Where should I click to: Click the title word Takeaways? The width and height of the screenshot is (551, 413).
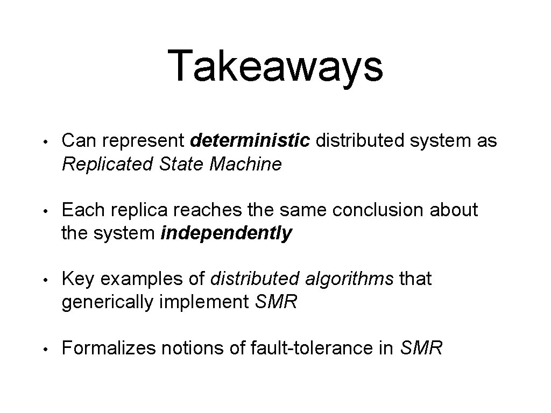click(275, 66)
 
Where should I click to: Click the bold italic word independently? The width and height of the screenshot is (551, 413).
click(227, 233)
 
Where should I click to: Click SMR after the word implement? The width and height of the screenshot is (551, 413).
click(275, 302)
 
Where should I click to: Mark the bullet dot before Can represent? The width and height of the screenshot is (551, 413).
click(47, 142)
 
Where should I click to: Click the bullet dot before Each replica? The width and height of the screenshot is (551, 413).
click(47, 211)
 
